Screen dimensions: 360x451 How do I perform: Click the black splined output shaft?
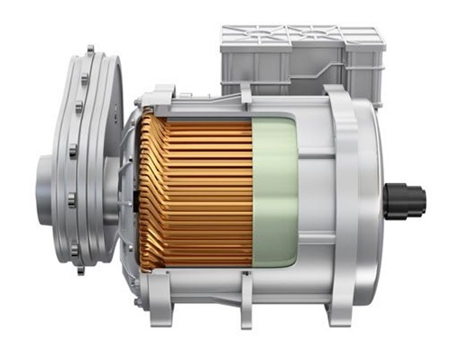[403, 199]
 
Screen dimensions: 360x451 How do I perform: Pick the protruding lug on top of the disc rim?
[89, 50]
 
